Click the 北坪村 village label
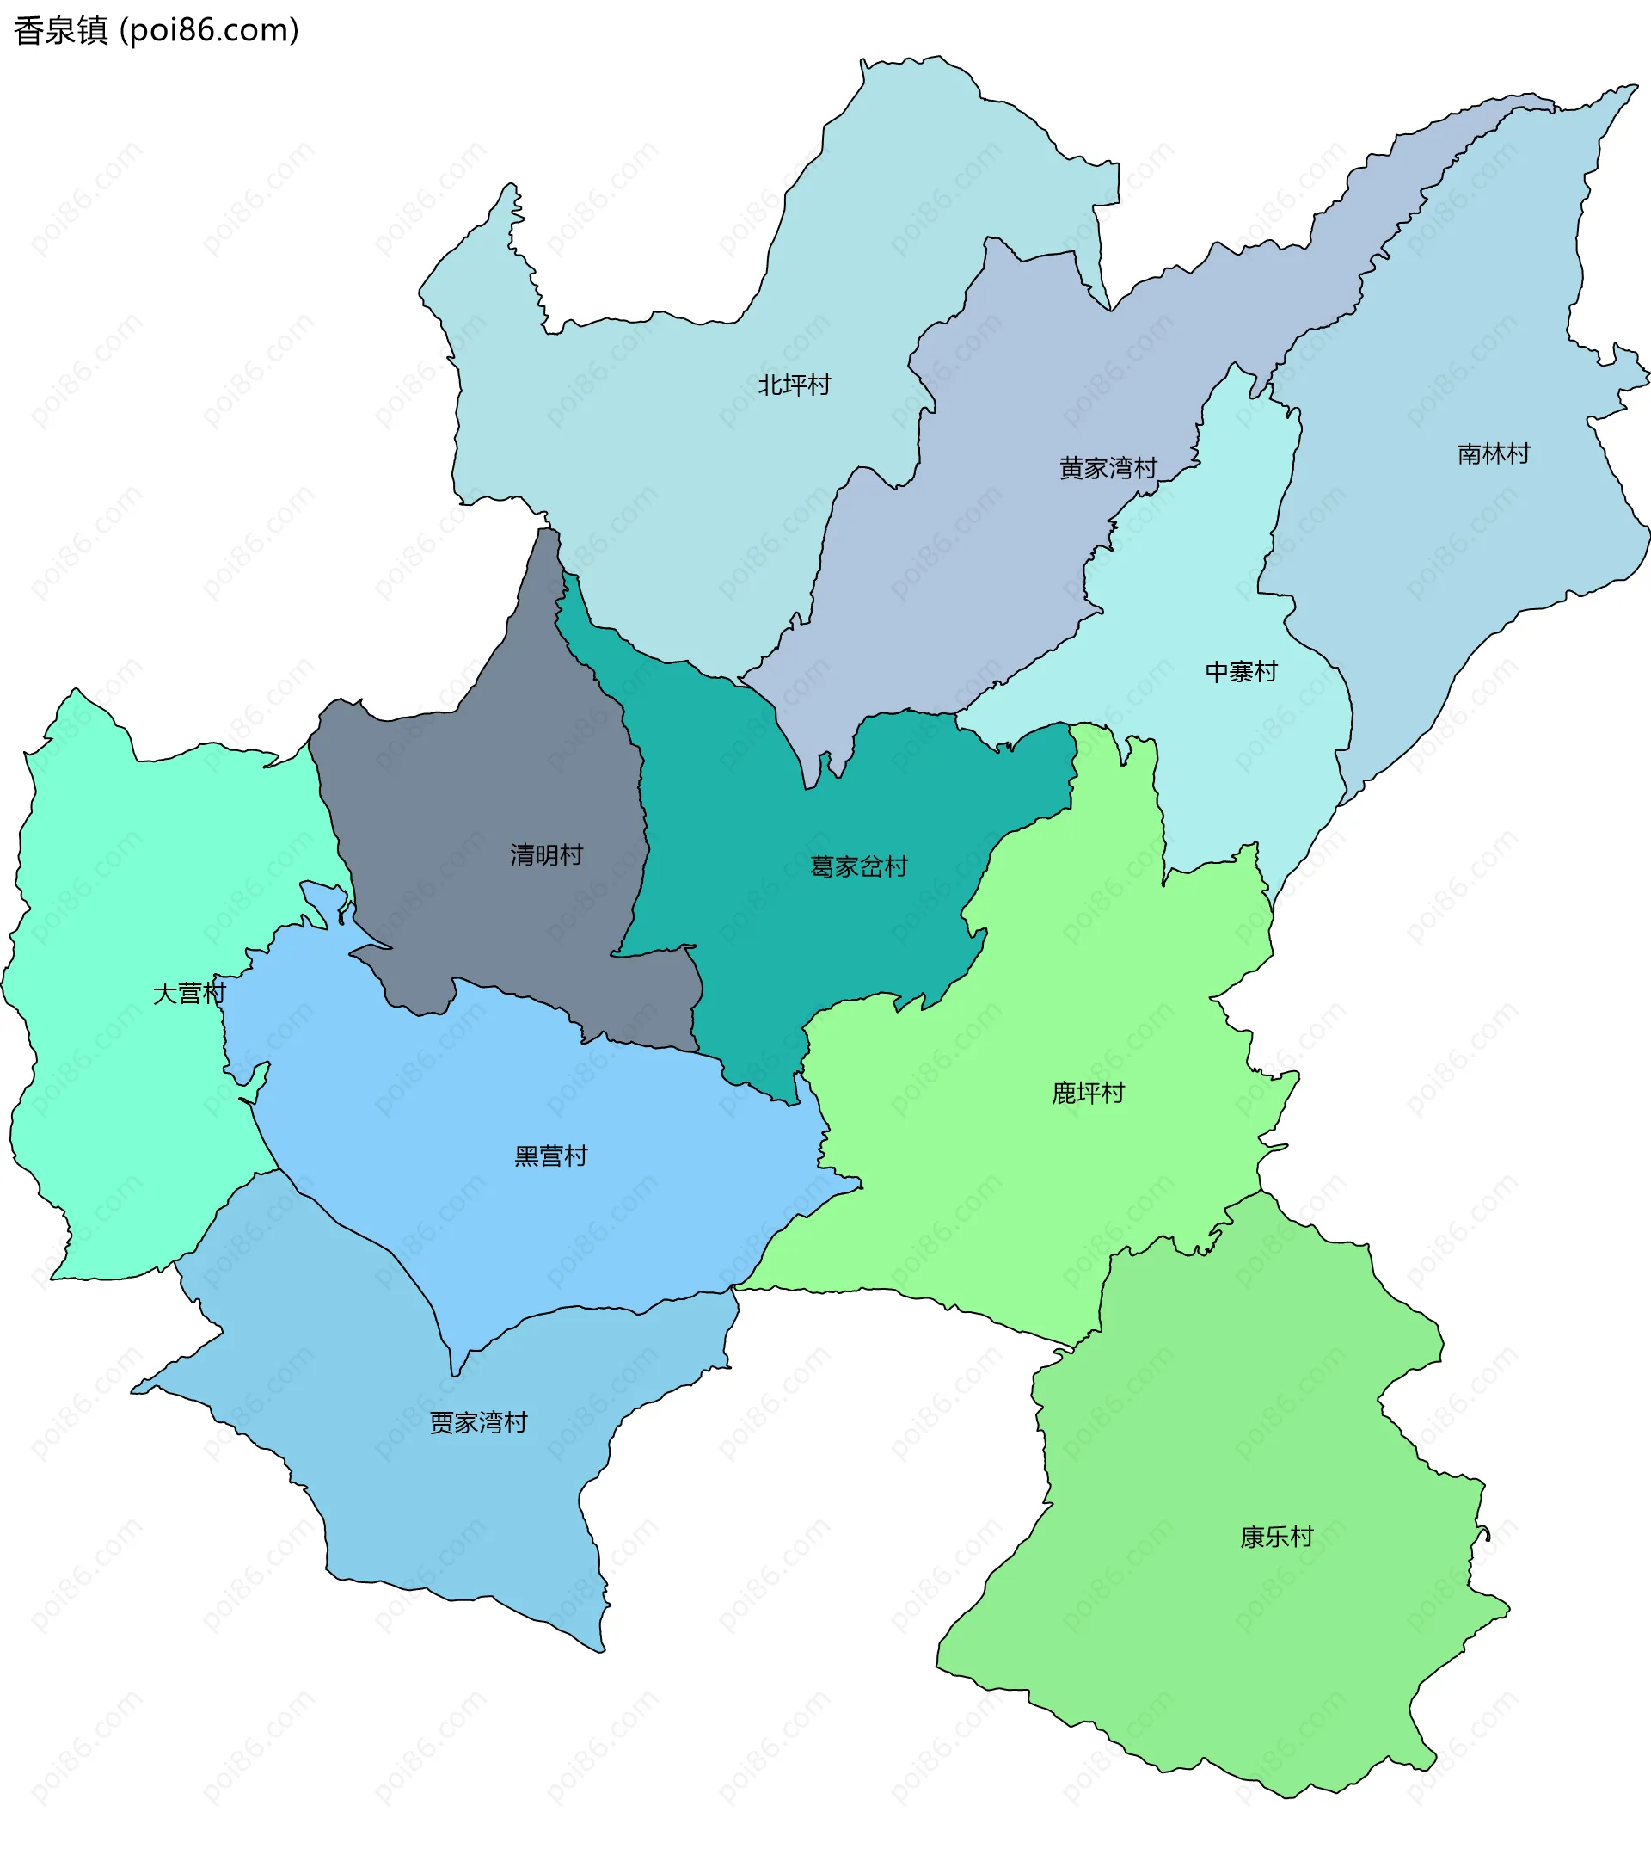pos(794,385)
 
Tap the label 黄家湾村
pos(1108,468)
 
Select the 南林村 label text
pos(1493,453)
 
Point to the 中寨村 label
pos(1241,672)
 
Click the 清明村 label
pos(546,855)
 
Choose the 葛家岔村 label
pos(858,866)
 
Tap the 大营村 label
pos(188,993)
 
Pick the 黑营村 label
pos(550,1156)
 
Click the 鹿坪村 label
pos(1088,1093)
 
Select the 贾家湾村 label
pos(478,1422)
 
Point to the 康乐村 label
pos(1276,1537)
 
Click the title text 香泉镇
pos(61,31)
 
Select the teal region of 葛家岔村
pos(816,953)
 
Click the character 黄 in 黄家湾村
pos(1071,468)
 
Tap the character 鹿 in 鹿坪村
pos(1063,1093)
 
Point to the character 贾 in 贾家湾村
pos(442,1422)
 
